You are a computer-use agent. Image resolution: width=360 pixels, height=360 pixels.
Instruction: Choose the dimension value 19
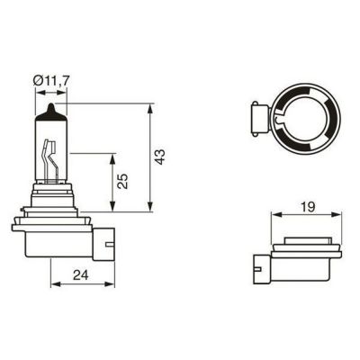pos(308,206)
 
